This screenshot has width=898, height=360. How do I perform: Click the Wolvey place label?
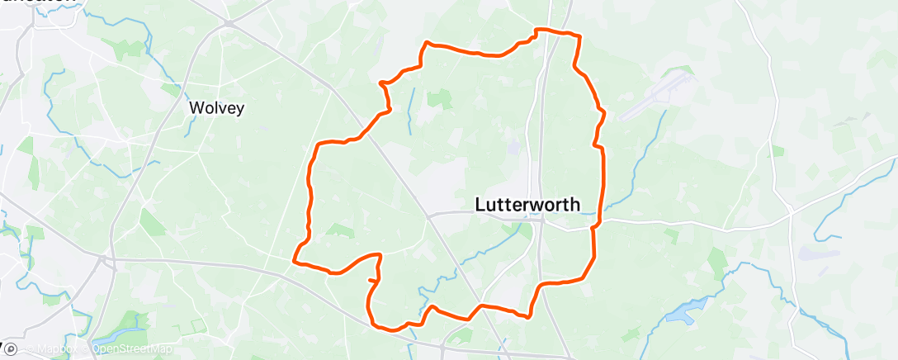[216, 107]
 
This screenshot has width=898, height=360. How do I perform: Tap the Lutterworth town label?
[528, 205]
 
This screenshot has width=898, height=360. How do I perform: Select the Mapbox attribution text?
[56, 349]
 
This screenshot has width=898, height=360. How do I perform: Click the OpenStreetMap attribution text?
[131, 349]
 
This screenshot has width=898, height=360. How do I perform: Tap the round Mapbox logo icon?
[11, 349]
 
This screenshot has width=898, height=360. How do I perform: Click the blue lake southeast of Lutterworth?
[682, 313]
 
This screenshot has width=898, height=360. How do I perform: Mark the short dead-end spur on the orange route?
[372, 282]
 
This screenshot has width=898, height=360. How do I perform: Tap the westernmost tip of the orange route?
[295, 262]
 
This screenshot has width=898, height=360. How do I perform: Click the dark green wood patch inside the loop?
[440, 100]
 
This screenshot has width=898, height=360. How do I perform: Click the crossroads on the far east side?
[791, 212]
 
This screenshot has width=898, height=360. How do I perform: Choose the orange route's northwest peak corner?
[426, 42]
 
